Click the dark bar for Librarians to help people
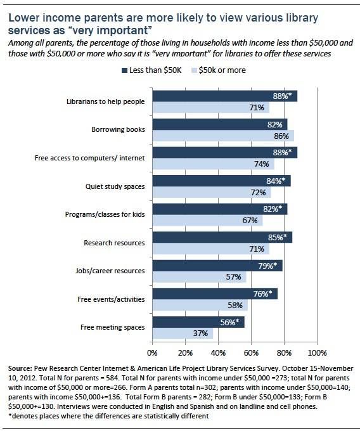225,96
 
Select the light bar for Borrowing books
223,136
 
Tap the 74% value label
261,164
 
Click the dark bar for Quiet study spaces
222,181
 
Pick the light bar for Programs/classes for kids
208,221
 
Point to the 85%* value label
278,237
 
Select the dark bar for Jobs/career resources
217,266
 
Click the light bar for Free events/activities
200,305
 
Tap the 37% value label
200,333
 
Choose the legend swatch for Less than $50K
124,70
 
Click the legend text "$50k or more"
222,70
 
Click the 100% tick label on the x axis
317,353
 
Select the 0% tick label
152,353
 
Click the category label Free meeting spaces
113,327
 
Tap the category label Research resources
114,243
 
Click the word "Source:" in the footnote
20,369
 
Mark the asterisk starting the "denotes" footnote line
10,415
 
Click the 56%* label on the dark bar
229,322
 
